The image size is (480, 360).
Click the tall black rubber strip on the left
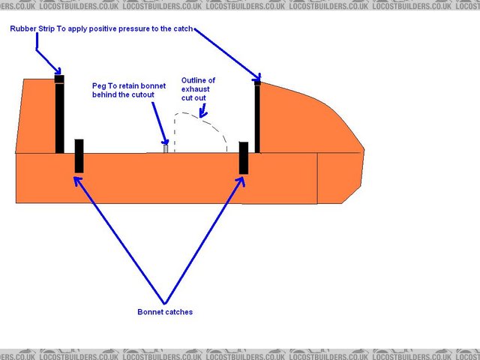point(60,116)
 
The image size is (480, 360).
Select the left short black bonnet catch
point(79,156)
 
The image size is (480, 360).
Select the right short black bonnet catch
point(243,157)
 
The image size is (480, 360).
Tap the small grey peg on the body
point(166,148)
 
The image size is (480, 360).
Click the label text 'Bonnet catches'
point(164,312)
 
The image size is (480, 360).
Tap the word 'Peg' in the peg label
point(99,86)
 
